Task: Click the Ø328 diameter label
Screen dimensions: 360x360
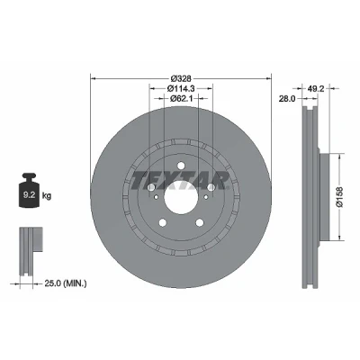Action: pos(181,78)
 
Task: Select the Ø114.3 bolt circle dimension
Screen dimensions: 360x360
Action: pos(181,88)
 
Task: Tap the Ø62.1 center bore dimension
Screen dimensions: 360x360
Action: pos(181,98)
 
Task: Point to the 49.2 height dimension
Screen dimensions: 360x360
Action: pos(316,88)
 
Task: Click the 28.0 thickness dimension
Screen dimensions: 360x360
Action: pos(287,98)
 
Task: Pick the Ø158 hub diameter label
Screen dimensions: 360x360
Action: pos(339,197)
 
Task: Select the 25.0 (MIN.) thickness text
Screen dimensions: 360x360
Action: pos(66,283)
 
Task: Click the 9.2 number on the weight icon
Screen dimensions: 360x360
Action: pos(30,195)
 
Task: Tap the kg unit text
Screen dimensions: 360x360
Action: pos(47,196)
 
